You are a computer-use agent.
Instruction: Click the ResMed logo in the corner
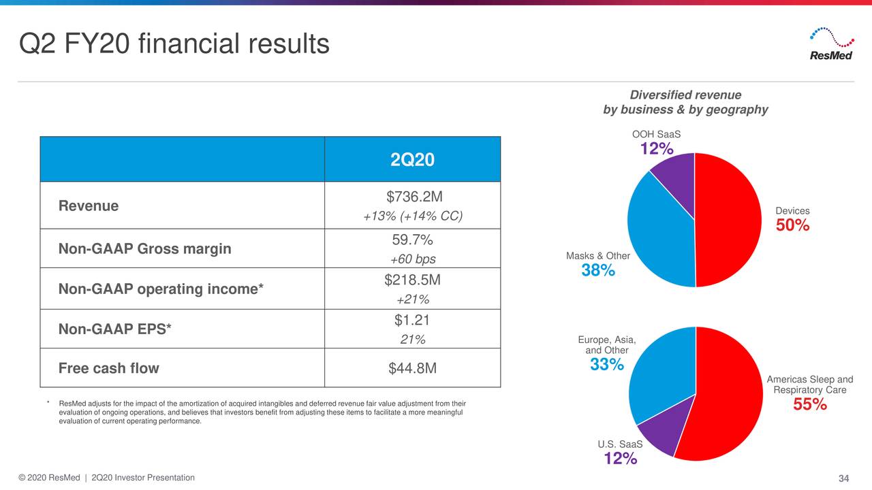[830, 44]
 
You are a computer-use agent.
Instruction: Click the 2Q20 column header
[412, 160]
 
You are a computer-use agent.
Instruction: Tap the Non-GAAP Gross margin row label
[145, 249]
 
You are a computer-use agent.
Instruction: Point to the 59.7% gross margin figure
[412, 240]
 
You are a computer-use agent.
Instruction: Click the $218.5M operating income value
[412, 280]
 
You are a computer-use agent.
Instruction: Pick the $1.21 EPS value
[412, 321]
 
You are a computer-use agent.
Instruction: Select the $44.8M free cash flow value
[412, 368]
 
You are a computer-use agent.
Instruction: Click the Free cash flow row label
[109, 368]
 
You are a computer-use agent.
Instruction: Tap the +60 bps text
[412, 259]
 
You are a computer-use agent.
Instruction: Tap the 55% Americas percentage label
[810, 405]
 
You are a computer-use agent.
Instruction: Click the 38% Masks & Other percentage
[598, 271]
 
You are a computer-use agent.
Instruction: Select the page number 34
[843, 478]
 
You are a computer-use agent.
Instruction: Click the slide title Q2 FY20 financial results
[174, 44]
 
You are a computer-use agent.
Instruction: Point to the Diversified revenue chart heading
[685, 102]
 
